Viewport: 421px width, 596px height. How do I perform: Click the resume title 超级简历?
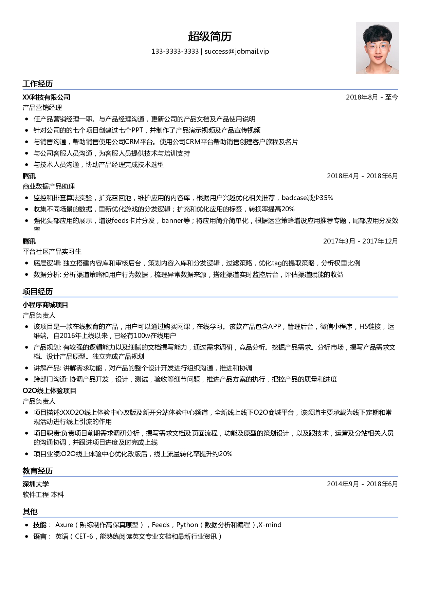(x=210, y=36)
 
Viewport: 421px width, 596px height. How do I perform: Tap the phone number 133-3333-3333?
(x=175, y=52)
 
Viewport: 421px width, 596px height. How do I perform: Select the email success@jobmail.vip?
(x=237, y=52)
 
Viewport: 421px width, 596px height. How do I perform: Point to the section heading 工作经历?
(x=38, y=84)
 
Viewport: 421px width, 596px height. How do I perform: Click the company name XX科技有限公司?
(x=47, y=97)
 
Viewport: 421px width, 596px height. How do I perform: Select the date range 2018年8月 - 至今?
(x=372, y=97)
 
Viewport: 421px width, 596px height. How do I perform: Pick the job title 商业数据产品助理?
(x=49, y=186)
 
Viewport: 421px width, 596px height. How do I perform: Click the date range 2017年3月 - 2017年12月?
(x=360, y=241)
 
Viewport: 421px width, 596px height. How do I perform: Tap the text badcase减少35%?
(x=307, y=198)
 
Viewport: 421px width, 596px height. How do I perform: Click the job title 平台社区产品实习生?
(x=52, y=252)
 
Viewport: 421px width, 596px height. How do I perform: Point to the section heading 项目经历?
(x=38, y=292)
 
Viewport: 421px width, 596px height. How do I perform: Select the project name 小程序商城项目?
(x=45, y=305)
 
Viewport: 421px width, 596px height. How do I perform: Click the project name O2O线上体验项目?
(x=50, y=391)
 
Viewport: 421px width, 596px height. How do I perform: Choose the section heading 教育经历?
(x=38, y=471)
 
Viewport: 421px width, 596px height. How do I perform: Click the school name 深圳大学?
(x=36, y=484)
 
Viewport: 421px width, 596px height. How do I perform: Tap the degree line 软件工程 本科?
(x=43, y=495)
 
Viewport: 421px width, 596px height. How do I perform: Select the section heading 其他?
(x=30, y=512)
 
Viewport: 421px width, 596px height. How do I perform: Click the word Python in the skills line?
(x=187, y=525)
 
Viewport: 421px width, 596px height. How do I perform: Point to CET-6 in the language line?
(x=84, y=537)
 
